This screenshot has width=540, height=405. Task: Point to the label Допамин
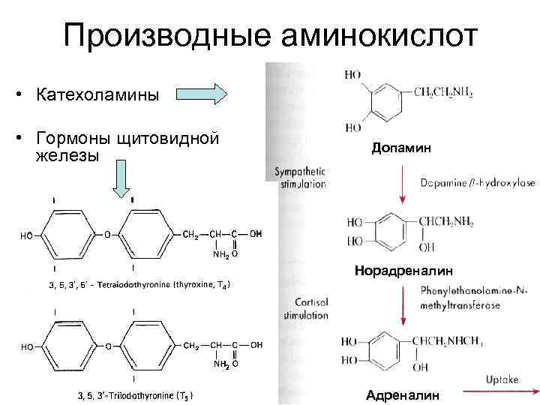401,148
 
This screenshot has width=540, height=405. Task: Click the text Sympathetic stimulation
300,178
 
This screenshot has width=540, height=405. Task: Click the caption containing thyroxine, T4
139,286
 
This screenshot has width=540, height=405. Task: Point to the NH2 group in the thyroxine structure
217,254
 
